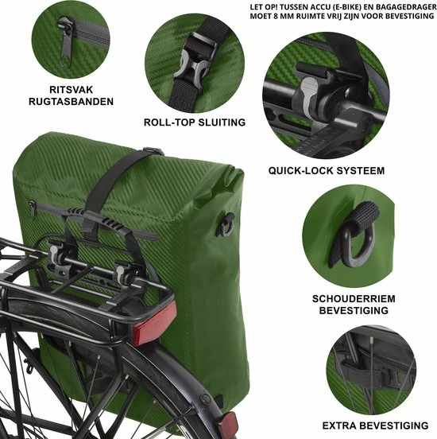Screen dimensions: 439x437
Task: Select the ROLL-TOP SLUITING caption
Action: point(195,122)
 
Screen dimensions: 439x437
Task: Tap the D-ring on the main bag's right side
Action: point(226,225)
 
